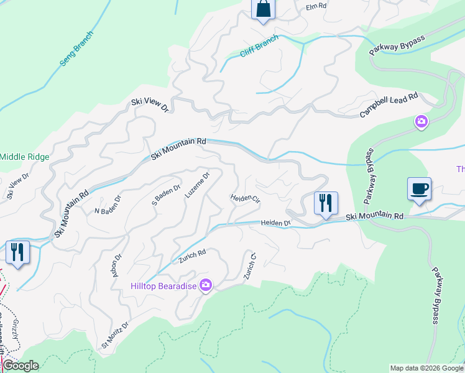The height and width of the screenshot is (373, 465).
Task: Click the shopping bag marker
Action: pyautogui.click(x=263, y=10)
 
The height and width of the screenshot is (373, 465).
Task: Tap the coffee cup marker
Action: pyautogui.click(x=419, y=188)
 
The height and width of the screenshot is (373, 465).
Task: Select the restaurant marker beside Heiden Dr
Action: pyautogui.click(x=326, y=203)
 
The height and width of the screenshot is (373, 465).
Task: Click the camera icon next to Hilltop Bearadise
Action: pyautogui.click(x=206, y=286)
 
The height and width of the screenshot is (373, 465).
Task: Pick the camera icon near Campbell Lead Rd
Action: pyautogui.click(x=421, y=122)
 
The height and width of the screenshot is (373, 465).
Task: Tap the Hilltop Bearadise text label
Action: pyautogui.click(x=163, y=286)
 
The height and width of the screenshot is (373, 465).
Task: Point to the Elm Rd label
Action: pyautogui.click(x=316, y=6)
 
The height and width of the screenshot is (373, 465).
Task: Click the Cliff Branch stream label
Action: pyautogui.click(x=260, y=46)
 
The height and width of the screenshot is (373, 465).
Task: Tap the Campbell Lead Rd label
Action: pyautogui.click(x=390, y=106)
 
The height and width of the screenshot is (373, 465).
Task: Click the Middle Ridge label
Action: pyautogui.click(x=24, y=157)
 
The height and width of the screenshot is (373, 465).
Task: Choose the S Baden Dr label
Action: pyautogui.click(x=166, y=195)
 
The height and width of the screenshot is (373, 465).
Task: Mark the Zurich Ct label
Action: pyautogui.click(x=251, y=266)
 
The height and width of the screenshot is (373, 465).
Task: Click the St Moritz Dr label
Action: pyautogui.click(x=115, y=334)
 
